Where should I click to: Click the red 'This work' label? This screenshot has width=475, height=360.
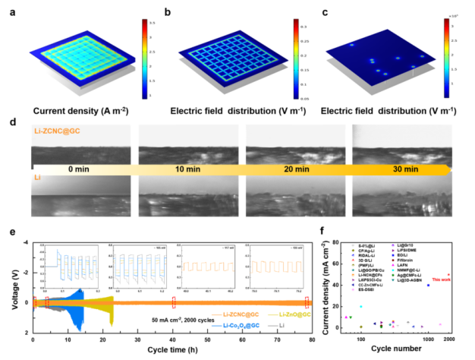coord(442,281)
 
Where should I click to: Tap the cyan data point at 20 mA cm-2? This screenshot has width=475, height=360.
coord(361,307)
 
